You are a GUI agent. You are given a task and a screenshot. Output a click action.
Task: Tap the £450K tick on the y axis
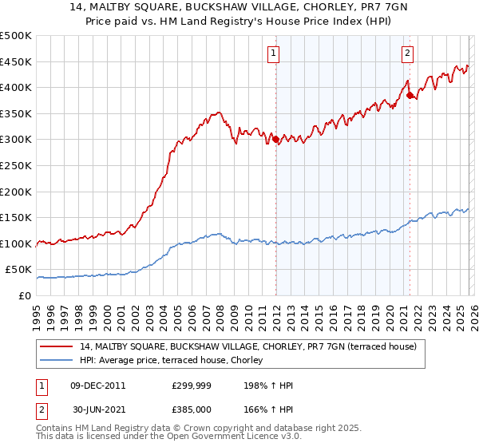tap(16, 61)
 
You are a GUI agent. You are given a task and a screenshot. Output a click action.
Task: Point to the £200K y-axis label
tap(16, 192)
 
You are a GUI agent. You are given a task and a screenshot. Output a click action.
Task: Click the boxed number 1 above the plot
tap(274, 53)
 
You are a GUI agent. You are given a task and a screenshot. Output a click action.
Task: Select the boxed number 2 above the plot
tap(407, 53)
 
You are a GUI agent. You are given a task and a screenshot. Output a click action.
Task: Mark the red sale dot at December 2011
tap(275, 140)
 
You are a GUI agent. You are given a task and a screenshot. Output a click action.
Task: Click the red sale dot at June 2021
tap(410, 95)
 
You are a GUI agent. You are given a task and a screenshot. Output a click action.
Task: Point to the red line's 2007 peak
tap(216, 113)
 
